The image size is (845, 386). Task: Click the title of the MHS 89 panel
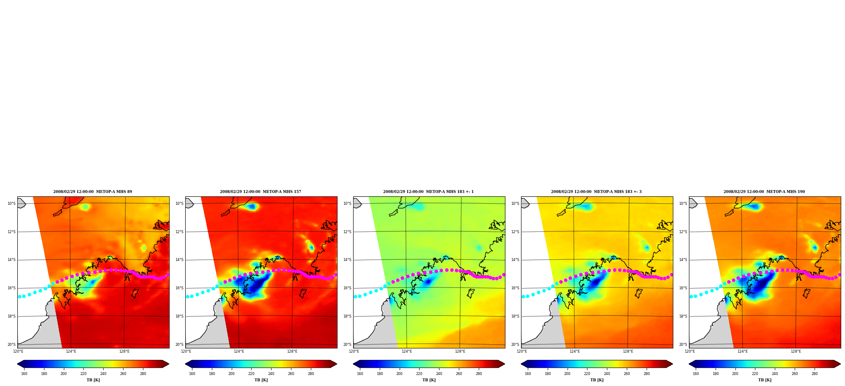[x=93, y=192]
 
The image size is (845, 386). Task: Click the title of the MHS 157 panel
[x=261, y=192]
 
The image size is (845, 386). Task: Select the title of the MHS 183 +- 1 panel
[x=428, y=192]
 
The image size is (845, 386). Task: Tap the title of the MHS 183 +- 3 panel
[x=596, y=192]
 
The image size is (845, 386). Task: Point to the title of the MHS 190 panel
[x=764, y=192]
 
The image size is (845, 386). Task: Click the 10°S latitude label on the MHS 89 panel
[x=11, y=204]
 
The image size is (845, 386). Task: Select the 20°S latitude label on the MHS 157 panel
[x=179, y=345]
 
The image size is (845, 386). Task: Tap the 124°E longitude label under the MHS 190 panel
[x=743, y=351]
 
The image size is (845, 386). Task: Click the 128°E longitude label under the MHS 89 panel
[x=124, y=351]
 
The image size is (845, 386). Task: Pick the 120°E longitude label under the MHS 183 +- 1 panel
[x=354, y=351]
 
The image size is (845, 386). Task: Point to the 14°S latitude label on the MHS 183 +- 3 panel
[x=515, y=260]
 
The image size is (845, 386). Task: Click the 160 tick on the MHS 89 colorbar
[x=24, y=374]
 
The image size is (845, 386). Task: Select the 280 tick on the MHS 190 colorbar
[x=815, y=374]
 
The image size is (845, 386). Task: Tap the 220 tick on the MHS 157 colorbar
[x=251, y=374]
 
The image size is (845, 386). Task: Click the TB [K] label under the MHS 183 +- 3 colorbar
[x=597, y=380]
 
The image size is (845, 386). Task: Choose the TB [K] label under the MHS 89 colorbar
[x=93, y=380]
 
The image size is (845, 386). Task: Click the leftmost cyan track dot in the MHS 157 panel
[x=187, y=296]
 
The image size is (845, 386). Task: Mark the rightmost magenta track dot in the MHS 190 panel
[x=839, y=275]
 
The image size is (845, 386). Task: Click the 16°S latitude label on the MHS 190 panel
[x=683, y=288]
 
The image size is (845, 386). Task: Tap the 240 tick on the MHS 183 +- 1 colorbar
[x=439, y=374]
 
